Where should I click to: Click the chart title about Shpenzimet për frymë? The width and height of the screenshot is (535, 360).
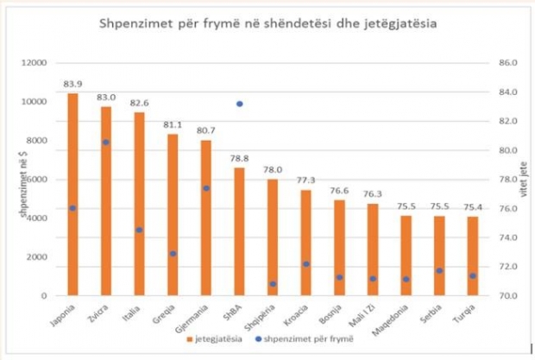click(267, 24)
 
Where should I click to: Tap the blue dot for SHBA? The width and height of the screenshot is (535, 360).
click(240, 104)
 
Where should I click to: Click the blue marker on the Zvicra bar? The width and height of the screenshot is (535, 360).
click(106, 142)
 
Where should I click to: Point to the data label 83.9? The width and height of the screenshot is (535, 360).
click(72, 84)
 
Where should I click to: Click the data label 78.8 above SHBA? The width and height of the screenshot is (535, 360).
click(240, 158)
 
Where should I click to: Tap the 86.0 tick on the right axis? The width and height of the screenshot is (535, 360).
click(507, 63)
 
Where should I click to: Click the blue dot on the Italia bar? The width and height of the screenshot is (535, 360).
click(139, 230)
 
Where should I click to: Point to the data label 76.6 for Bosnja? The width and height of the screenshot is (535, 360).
click(340, 191)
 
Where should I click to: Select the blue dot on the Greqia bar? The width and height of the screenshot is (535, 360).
click(173, 254)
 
